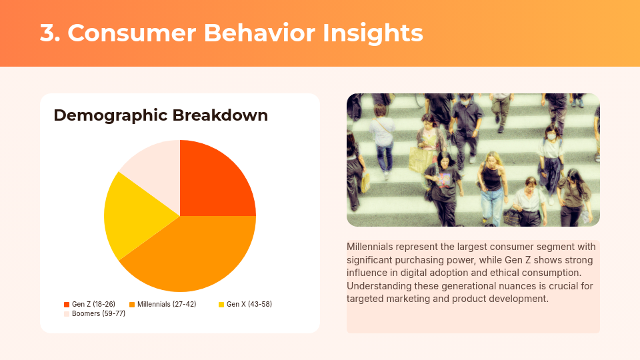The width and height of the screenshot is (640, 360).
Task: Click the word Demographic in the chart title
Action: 111,115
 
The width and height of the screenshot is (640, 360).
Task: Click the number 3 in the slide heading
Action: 47,33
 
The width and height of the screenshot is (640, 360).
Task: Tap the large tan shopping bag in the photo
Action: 420,160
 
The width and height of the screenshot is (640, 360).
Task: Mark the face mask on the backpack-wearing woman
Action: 551,137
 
